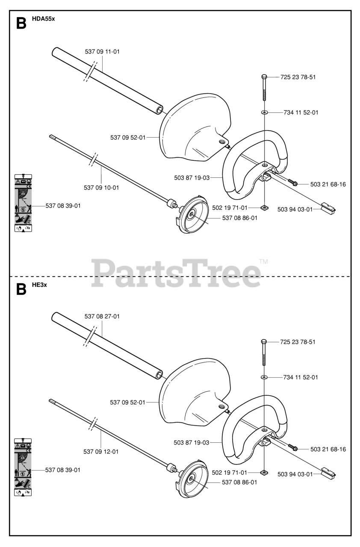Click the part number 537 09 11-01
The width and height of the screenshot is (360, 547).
(x=102, y=52)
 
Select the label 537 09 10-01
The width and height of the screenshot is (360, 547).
(x=101, y=187)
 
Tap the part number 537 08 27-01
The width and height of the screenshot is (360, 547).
(x=102, y=317)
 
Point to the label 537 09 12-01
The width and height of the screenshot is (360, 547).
(x=101, y=451)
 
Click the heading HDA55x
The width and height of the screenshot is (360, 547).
(x=43, y=19)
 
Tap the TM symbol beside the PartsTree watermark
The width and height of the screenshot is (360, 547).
(x=263, y=261)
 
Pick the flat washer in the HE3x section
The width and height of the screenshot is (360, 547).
(x=264, y=377)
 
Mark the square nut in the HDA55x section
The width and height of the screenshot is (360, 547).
(x=264, y=208)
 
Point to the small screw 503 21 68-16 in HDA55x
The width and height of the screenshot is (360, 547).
(x=293, y=183)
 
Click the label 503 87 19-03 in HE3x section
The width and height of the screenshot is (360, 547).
(x=192, y=443)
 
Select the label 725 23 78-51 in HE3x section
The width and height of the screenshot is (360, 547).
(x=298, y=342)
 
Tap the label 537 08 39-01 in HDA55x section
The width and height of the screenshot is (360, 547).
(x=63, y=206)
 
